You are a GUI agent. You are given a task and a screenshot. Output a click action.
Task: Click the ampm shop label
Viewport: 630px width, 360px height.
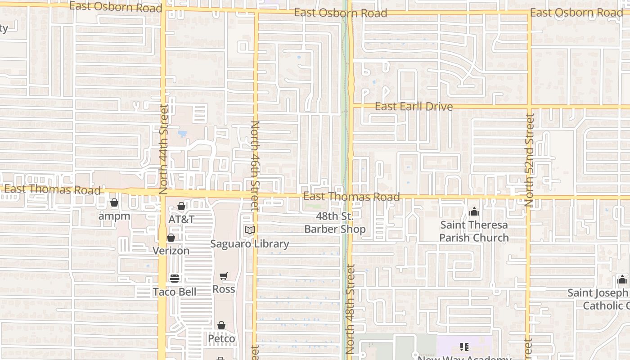pos(114,216)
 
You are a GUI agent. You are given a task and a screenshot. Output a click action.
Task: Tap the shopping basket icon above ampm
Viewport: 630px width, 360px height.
pos(114,203)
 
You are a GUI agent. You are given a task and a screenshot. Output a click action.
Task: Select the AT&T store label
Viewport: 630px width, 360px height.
pos(181,219)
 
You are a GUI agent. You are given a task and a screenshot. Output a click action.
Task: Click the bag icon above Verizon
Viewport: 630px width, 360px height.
pos(171,238)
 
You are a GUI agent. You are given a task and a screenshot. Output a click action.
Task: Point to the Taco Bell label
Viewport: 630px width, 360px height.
pos(175,292)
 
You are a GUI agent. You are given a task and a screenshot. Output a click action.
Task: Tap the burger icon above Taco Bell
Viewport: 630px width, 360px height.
pos(175,278)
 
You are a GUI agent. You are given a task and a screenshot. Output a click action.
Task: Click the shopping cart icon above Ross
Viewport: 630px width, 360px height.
pos(224,276)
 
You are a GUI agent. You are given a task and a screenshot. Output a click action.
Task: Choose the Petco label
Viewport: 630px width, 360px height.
pos(221,338)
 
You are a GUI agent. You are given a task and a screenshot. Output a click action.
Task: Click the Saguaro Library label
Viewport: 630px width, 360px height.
pos(250,243)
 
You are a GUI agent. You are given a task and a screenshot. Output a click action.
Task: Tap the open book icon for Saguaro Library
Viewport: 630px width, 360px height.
pos(249,230)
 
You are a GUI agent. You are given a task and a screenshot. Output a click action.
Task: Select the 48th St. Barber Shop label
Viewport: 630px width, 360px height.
pos(335,223)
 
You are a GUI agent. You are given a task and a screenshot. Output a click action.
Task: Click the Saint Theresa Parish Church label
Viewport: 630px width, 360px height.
pos(474,231)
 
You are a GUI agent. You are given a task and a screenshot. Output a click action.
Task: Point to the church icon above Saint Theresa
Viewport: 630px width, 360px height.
pos(474,211)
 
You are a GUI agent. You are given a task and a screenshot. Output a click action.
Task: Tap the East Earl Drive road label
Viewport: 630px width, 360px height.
pos(414,107)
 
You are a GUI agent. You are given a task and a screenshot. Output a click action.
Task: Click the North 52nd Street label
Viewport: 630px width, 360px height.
pos(530,160)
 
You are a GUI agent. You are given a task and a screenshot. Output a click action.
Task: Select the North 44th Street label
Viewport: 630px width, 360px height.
pos(163,147)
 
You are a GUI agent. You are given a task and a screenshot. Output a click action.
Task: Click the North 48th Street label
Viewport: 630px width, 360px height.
pos(351,308)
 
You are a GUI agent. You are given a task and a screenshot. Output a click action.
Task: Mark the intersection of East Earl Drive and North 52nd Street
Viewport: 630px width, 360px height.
pos(530,107)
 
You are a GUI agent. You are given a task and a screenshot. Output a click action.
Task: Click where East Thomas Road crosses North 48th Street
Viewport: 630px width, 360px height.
pos(350,197)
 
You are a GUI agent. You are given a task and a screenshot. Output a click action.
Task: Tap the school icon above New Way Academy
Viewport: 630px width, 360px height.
pos(464,346)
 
